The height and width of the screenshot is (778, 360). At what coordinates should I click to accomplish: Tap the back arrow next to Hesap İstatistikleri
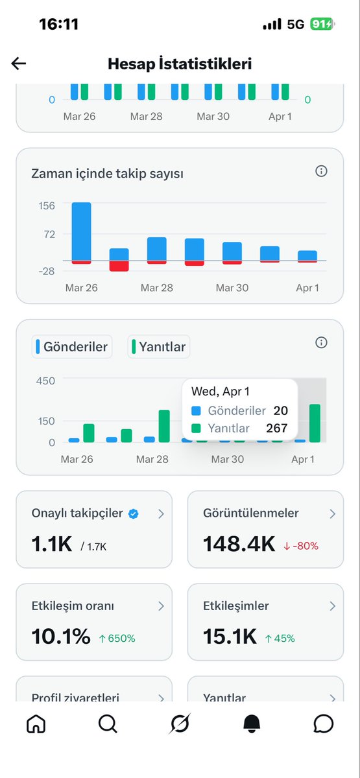pyautogui.click(x=19, y=63)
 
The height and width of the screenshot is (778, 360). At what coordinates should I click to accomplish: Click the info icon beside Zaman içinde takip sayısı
pyautogui.click(x=321, y=171)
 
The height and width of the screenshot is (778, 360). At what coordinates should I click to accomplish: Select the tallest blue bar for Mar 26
pyautogui.click(x=81, y=231)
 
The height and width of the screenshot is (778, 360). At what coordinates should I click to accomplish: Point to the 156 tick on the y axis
pyautogui.click(x=47, y=206)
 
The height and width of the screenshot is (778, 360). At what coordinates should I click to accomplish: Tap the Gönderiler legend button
pyautogui.click(x=72, y=347)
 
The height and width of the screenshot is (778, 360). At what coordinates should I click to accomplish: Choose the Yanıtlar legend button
pyautogui.click(x=159, y=347)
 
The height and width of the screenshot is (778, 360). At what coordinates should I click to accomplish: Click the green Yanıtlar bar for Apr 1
pyautogui.click(x=315, y=423)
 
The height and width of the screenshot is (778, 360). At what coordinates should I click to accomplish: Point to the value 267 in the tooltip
pyautogui.click(x=277, y=428)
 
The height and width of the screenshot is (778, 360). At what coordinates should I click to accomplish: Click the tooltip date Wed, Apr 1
pyautogui.click(x=221, y=392)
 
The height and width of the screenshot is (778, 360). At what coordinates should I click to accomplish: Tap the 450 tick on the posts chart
pyautogui.click(x=45, y=381)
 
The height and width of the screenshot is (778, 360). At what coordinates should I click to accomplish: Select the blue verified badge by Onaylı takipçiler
pyautogui.click(x=133, y=513)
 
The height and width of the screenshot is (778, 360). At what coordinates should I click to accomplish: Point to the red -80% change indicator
pyautogui.click(x=301, y=546)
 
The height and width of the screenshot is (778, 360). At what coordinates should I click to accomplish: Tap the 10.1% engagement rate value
pyautogui.click(x=61, y=637)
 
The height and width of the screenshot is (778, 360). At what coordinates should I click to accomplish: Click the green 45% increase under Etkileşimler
pyautogui.click(x=280, y=639)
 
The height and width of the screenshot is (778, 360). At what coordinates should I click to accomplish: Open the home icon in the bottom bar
pyautogui.click(x=36, y=724)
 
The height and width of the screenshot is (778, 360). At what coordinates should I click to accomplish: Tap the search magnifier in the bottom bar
pyautogui.click(x=108, y=724)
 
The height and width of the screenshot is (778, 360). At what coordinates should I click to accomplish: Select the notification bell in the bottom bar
pyautogui.click(x=252, y=724)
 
